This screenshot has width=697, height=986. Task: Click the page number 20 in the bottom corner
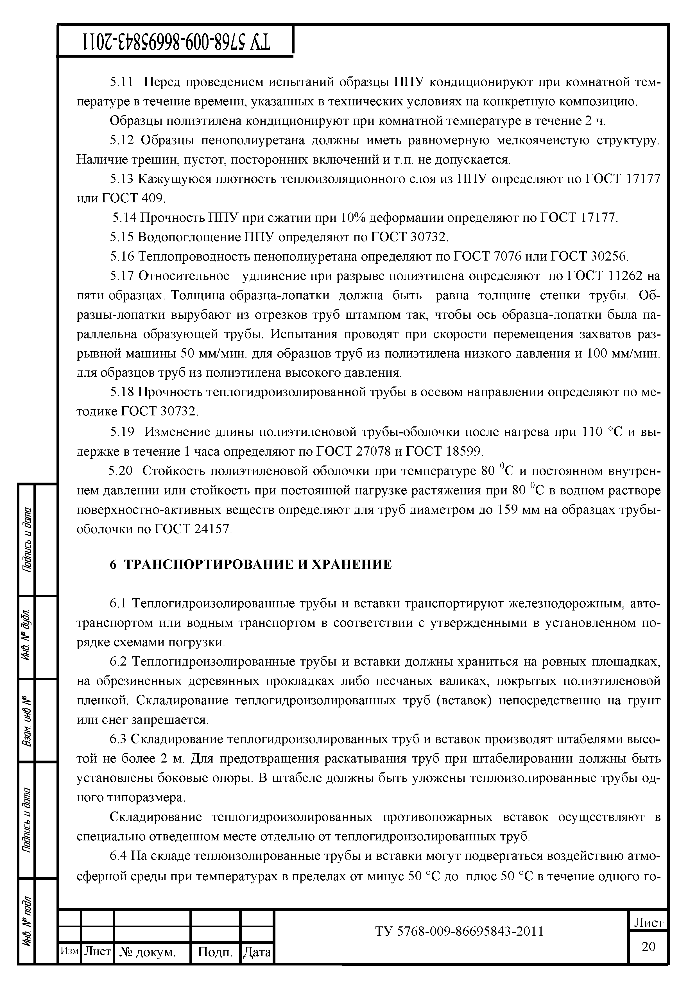pyautogui.click(x=648, y=946)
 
